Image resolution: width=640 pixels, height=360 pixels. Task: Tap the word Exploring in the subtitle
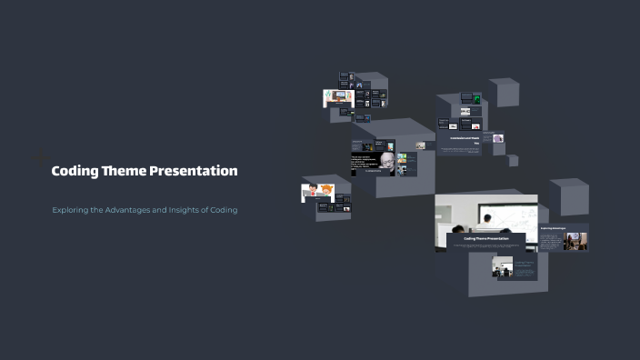click(x=72, y=210)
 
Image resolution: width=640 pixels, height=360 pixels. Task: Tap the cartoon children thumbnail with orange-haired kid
click(x=317, y=192)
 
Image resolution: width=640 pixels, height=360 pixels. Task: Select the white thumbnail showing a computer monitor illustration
click(x=337, y=97)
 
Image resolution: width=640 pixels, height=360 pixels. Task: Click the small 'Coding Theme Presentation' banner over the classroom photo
click(x=485, y=239)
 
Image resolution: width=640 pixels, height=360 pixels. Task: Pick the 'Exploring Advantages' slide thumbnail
click(x=563, y=237)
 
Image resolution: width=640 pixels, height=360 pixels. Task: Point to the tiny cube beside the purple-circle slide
click(x=513, y=161)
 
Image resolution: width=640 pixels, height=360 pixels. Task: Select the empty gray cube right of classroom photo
click(x=568, y=196)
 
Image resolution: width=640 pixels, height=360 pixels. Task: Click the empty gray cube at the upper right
click(x=503, y=92)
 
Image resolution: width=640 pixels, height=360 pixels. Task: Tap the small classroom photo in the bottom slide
click(x=502, y=267)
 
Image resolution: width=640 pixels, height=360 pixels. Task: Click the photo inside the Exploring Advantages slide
click(x=575, y=241)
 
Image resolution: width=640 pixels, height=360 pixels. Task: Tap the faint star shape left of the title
click(x=40, y=159)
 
